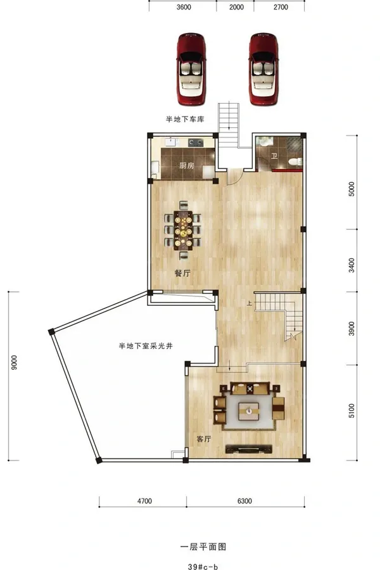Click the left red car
[191, 69]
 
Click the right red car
[263, 69]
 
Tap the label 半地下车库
[185, 119]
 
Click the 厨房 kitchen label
[187, 166]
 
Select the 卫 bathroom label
[274, 156]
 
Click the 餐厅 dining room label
[182, 274]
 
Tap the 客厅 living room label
[204, 439]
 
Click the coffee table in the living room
[249, 411]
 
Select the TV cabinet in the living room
[249, 449]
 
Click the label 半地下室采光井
[146, 346]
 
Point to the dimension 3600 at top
[184, 7]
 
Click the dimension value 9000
[14, 362]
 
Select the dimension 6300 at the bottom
[244, 501]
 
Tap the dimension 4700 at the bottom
[144, 501]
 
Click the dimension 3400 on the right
[351, 265]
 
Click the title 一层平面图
[203, 547]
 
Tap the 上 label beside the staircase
[250, 303]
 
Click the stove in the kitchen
[195, 142]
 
